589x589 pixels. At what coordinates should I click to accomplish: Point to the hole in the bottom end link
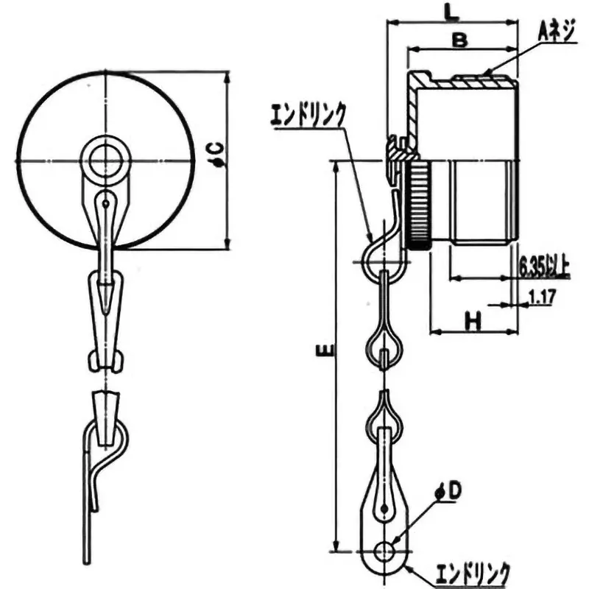pyautogui.click(x=387, y=550)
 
